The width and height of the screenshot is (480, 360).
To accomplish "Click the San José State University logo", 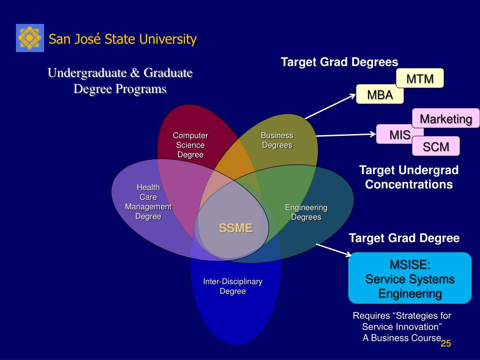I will [x=30, y=38].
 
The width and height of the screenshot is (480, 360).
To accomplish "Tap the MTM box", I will [x=420, y=78].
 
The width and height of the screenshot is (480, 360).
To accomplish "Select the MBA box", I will [x=380, y=95].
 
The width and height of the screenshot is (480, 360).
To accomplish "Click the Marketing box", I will [x=446, y=119].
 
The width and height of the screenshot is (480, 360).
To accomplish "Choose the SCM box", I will [x=436, y=147].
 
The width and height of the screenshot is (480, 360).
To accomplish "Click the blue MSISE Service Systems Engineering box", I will [x=410, y=278].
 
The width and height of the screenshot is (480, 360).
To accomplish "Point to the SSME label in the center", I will [x=235, y=228].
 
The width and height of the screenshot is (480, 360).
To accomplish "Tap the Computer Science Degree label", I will [x=190, y=145].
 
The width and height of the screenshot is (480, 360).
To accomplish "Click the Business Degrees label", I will [x=277, y=140].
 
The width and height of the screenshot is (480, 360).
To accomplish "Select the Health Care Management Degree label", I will [x=148, y=202].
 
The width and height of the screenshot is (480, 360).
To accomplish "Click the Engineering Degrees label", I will [x=306, y=212].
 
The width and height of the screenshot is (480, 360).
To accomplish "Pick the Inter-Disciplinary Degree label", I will [x=232, y=286].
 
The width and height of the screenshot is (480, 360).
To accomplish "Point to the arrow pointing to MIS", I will [x=346, y=135].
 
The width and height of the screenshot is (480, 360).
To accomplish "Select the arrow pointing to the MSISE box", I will [x=333, y=249].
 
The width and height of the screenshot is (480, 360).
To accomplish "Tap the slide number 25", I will [x=445, y=344].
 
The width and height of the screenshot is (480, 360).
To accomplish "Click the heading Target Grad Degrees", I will [x=339, y=62].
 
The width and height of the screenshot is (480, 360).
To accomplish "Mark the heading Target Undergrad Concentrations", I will [x=409, y=177].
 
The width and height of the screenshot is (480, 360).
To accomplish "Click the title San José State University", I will [x=123, y=39].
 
